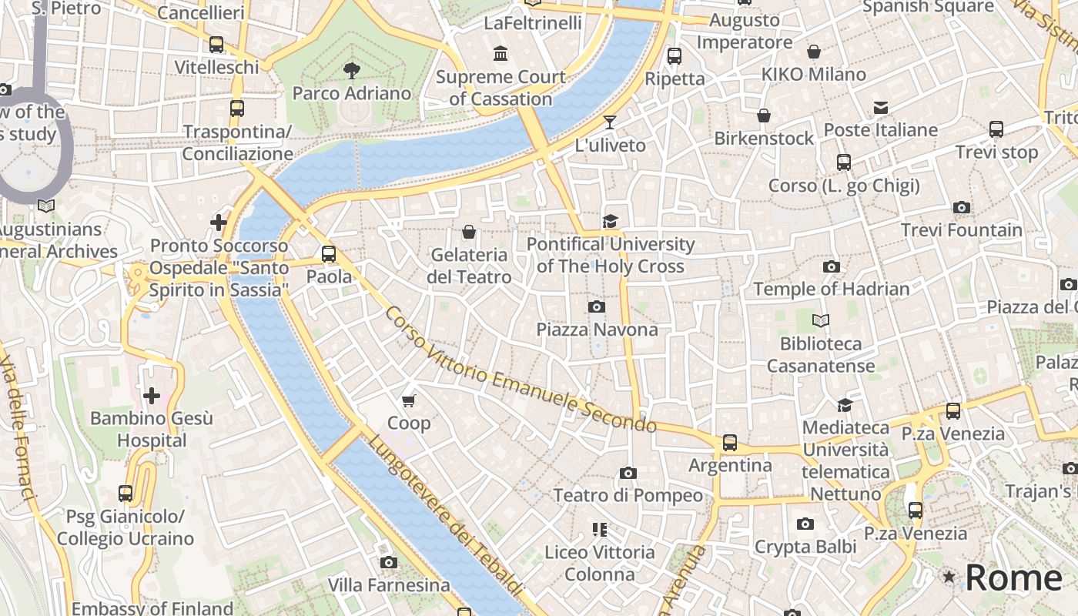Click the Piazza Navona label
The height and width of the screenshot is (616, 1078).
[x=597, y=330]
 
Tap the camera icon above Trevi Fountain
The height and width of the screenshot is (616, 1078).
[x=961, y=207]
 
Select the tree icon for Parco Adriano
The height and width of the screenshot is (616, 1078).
[x=352, y=71]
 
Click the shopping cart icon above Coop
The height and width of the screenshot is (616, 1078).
[x=409, y=400]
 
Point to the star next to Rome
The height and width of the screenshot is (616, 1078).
[x=949, y=577]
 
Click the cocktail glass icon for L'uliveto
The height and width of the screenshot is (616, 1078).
[x=610, y=122]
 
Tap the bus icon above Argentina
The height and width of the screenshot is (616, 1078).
[x=729, y=443]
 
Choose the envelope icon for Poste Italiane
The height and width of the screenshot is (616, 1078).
[x=880, y=107]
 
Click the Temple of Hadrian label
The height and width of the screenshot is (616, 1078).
[x=831, y=289]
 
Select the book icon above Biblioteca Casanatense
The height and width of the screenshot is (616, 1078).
[x=821, y=320]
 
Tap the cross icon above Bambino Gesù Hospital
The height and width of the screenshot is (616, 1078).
[x=152, y=396]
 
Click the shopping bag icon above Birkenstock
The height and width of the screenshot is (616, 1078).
[x=764, y=115]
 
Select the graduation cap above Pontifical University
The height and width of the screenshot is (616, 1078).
[x=610, y=221]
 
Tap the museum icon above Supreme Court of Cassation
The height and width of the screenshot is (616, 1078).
[x=500, y=54]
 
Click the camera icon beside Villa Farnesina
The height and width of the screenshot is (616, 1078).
[x=389, y=562]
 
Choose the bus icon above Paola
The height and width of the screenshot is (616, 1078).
[x=329, y=253]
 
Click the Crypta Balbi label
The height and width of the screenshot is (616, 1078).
[x=805, y=547]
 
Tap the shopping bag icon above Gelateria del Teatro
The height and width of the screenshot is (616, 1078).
[x=468, y=232]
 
